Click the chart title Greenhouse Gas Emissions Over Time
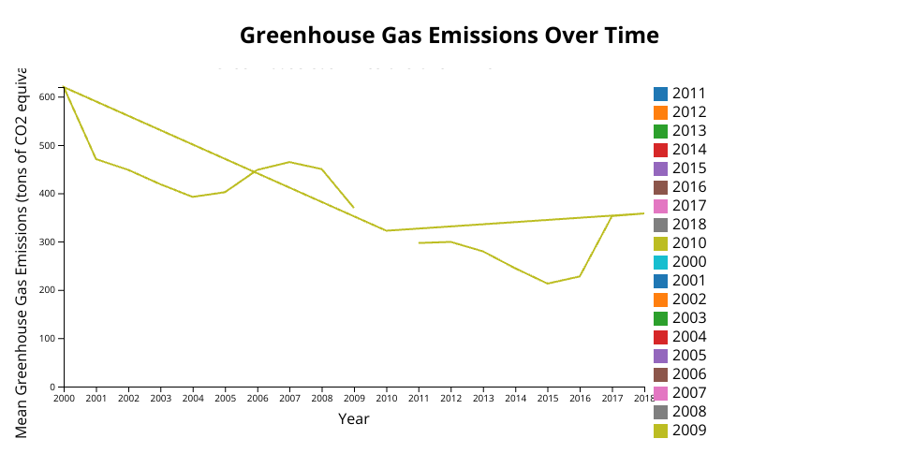pyautogui.click(x=449, y=36)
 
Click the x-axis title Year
pyautogui.click(x=354, y=418)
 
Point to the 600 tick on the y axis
pyautogui.click(x=48, y=96)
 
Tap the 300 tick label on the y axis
pyautogui.click(x=48, y=241)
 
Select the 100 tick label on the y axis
pyautogui.click(x=48, y=338)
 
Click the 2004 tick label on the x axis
pyautogui.click(x=193, y=399)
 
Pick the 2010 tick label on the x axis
pyautogui.click(x=386, y=399)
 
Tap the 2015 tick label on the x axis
pyautogui.click(x=548, y=399)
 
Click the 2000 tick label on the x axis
pyautogui.click(x=64, y=399)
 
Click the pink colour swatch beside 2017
pyautogui.click(x=661, y=206)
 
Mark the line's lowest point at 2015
pyautogui.click(x=548, y=284)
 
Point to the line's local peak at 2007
pyautogui.click(x=289, y=162)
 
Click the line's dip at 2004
pyautogui.click(x=193, y=197)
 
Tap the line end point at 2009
pyautogui.click(x=354, y=208)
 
